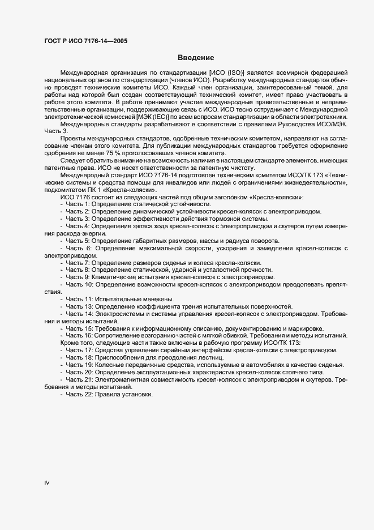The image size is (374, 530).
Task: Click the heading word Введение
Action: (196, 57)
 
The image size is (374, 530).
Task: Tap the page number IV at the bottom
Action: (48, 482)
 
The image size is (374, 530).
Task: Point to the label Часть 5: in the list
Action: (78, 241)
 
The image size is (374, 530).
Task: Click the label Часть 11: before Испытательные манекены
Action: (79, 299)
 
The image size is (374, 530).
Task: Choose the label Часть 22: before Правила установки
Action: (79, 394)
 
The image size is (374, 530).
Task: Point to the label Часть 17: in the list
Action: (79, 351)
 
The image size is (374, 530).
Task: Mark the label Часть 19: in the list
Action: (79, 365)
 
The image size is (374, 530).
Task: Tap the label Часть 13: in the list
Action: (79, 306)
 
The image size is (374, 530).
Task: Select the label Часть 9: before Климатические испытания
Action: (78, 277)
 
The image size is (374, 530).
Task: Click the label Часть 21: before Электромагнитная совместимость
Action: (79, 379)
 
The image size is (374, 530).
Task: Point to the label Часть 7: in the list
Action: (78, 263)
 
